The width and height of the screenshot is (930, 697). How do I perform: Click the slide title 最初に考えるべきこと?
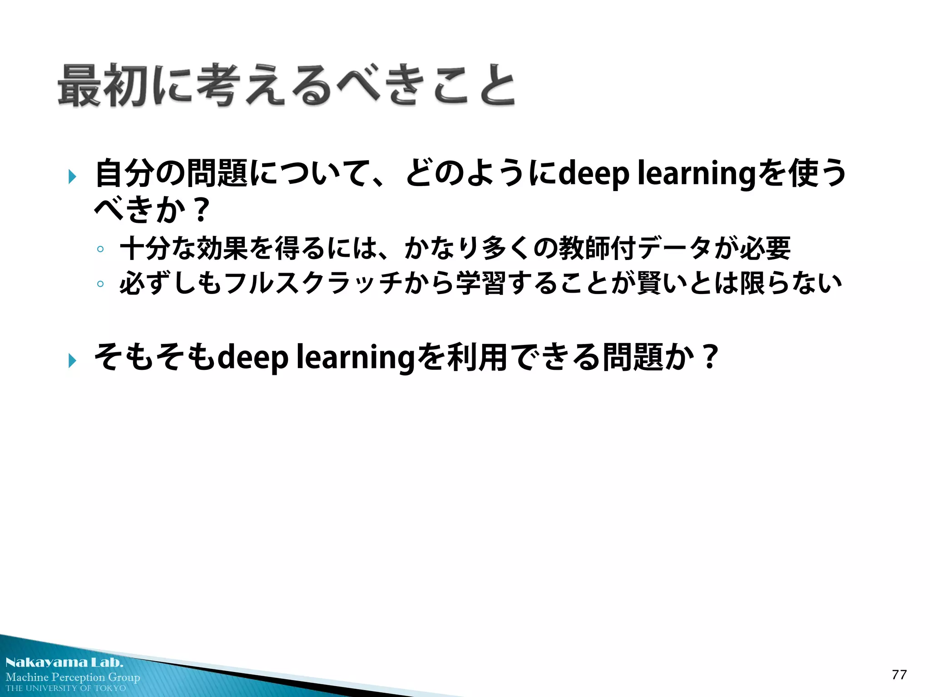point(286,85)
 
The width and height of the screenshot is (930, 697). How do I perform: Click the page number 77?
point(899,675)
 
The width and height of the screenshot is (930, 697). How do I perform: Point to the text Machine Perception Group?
point(73,677)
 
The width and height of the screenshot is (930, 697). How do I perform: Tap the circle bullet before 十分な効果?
point(100,249)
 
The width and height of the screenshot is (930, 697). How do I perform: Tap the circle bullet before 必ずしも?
point(100,284)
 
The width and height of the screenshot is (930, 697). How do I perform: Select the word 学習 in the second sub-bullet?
point(481,283)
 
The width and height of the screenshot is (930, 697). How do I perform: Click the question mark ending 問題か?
point(709,357)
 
